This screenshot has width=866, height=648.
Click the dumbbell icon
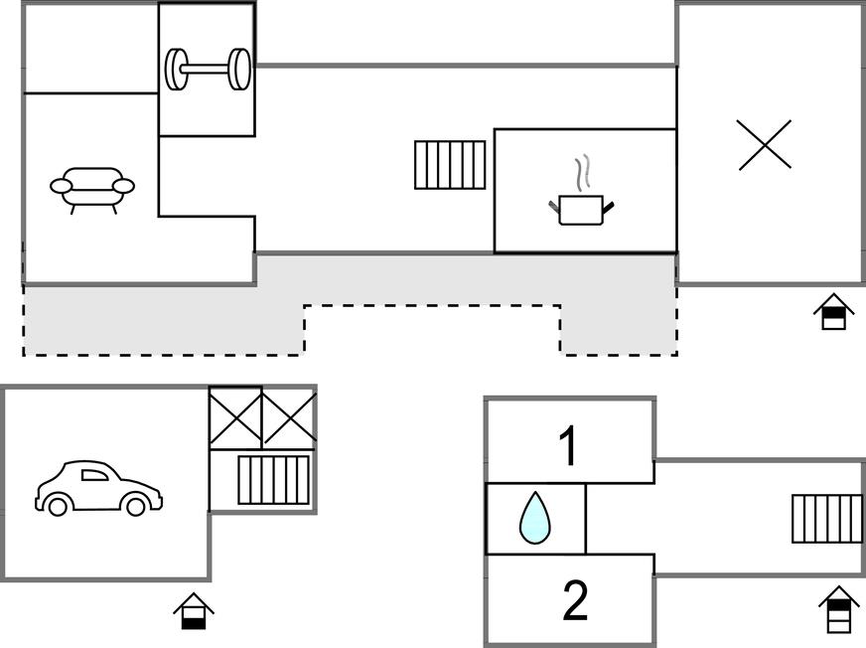208,70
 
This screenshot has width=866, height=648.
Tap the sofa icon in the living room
92,188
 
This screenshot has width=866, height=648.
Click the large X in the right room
765,145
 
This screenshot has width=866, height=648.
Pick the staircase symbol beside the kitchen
450,165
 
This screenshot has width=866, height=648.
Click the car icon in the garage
98,488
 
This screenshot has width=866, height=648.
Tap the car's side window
94,475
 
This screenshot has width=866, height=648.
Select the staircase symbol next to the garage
274,480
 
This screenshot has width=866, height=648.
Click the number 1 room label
568,446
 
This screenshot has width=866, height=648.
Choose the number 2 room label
575,600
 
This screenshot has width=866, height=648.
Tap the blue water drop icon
534,519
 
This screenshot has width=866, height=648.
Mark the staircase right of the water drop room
826,519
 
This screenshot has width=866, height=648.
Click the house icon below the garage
194,610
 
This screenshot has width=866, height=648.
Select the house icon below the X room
833,312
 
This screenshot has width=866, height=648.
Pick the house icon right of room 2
839,609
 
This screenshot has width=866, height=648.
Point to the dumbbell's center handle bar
208,70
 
